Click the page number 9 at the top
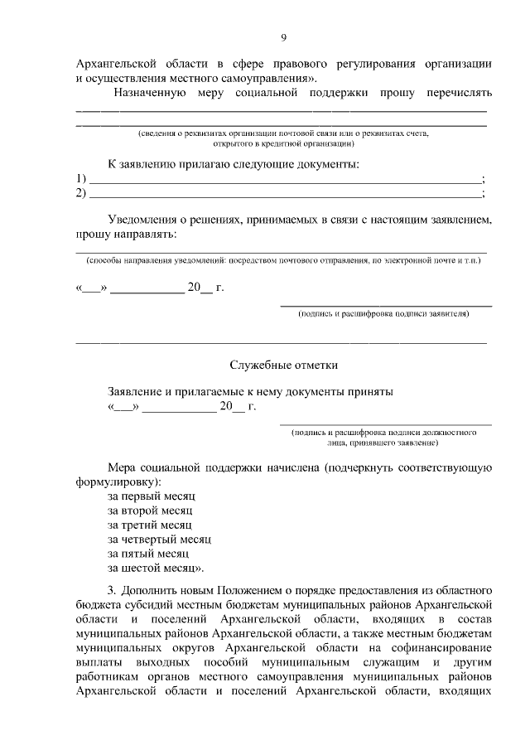click(283, 38)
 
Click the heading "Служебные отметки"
click(283, 365)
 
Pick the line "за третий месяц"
click(150, 525)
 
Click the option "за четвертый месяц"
click(160, 539)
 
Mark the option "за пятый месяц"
click(148, 553)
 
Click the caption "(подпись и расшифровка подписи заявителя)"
click(384, 314)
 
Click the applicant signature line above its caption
click(386, 306)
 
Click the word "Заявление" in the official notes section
click(136, 391)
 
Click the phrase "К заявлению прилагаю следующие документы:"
click(234, 164)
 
